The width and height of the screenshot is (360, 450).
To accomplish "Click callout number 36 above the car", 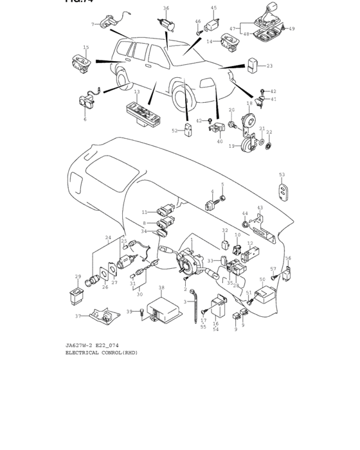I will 166,8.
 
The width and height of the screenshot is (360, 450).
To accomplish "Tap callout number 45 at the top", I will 214,8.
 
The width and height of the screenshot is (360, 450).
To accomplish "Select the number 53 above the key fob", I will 282,174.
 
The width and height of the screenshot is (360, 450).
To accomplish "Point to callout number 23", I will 269,66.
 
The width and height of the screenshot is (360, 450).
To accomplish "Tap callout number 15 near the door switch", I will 86,47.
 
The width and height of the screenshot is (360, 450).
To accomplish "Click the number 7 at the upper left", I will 93,24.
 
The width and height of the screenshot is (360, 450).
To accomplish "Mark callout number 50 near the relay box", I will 262,280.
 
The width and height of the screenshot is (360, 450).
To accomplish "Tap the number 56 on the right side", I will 288,258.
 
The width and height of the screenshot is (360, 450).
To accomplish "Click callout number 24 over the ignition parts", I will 108,237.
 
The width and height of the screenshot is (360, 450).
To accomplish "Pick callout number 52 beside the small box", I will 174,130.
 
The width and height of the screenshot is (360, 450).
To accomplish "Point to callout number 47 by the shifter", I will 232,29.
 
